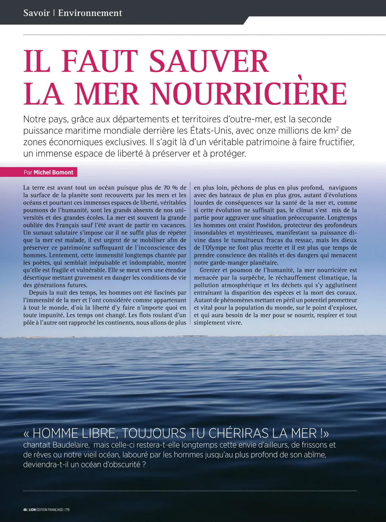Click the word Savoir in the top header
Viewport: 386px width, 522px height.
click(x=36, y=13)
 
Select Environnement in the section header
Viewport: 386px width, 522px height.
click(x=90, y=13)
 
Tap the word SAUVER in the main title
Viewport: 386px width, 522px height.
click(x=209, y=61)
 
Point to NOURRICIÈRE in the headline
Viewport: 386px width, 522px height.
click(x=249, y=94)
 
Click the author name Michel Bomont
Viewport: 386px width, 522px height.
click(x=53, y=172)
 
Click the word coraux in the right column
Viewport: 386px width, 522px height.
click(x=346, y=293)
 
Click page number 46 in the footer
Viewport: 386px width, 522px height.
click(x=25, y=510)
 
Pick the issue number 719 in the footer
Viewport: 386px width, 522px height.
click(x=67, y=510)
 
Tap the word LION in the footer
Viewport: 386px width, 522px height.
click(x=32, y=510)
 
